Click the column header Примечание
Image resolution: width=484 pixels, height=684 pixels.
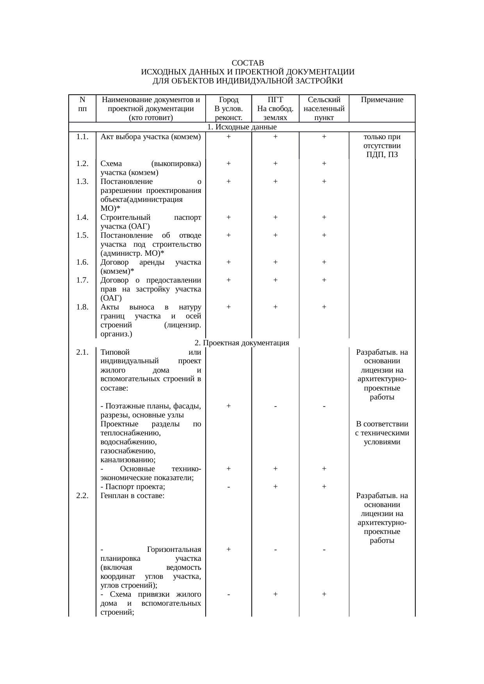pyautogui.click(x=382, y=100)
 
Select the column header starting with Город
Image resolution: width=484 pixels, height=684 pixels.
pyautogui.click(x=228, y=108)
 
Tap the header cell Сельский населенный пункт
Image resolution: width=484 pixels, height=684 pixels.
pyautogui.click(x=324, y=108)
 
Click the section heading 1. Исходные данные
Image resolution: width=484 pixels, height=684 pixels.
pyautogui.click(x=242, y=127)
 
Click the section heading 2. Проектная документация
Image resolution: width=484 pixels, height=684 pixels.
pyautogui.click(x=242, y=343)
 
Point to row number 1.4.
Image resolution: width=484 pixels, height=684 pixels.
pyautogui.click(x=82, y=217)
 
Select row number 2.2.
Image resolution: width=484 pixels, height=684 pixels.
pyautogui.click(x=82, y=496)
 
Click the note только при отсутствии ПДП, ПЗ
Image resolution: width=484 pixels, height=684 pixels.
pyautogui.click(x=382, y=146)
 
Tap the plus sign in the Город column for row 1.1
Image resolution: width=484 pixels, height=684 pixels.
pyautogui.click(x=228, y=137)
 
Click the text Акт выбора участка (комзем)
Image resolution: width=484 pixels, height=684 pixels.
pyautogui.click(x=150, y=137)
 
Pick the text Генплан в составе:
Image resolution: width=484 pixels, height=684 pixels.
pyautogui.click(x=132, y=496)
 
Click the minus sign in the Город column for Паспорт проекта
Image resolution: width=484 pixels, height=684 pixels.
pyautogui.click(x=228, y=487)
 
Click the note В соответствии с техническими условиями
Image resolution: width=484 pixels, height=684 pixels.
pyautogui.click(x=382, y=433)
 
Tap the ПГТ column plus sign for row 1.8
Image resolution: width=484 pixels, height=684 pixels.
pyautogui.click(x=275, y=307)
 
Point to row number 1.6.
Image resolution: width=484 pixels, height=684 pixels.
pyautogui.click(x=82, y=262)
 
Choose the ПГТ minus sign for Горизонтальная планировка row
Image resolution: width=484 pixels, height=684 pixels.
pyautogui.click(x=275, y=550)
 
